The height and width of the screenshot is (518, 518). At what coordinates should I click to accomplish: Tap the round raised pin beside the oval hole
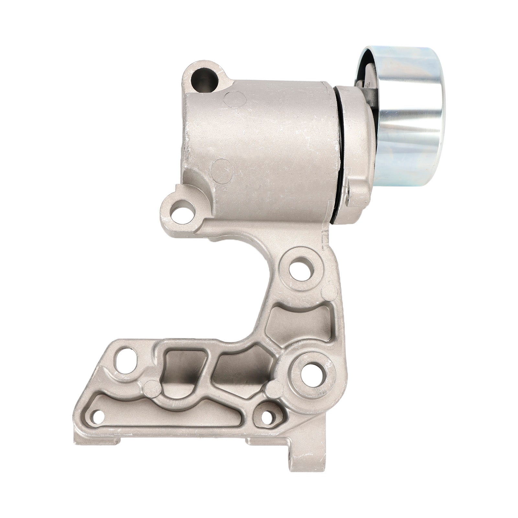point(150,387)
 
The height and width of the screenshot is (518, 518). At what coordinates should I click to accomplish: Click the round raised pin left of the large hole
point(274,386)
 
